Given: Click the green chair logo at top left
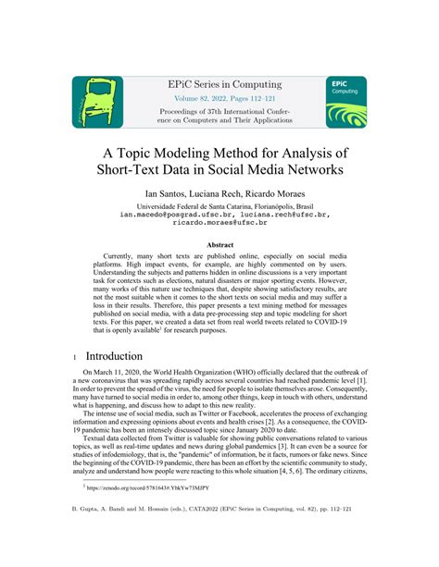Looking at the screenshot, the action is [97, 102].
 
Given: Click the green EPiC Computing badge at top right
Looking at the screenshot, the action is [345, 102].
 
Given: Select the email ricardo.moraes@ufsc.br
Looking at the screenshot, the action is [219, 223].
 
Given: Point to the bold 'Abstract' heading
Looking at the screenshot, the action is [219, 245].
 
